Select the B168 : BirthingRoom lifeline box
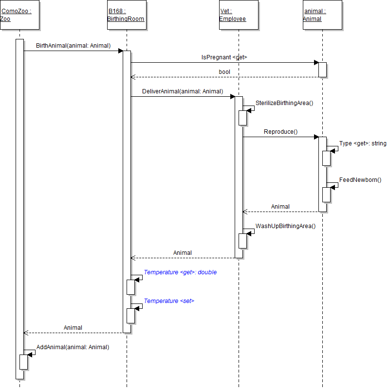126,15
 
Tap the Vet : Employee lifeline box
238,15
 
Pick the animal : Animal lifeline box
322,15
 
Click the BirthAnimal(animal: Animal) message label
73,46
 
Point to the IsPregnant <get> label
224,57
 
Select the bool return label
224,72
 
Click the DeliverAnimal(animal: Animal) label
182,91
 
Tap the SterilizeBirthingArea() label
284,103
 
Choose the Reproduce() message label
280,132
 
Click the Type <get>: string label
363,143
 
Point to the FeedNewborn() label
360,180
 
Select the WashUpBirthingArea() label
285,226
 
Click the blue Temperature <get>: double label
180,272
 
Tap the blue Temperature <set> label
169,301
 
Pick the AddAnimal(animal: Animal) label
73,347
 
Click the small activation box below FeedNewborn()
326,195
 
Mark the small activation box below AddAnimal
23,362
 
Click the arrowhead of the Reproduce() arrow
316,137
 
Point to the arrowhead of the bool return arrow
133,77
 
